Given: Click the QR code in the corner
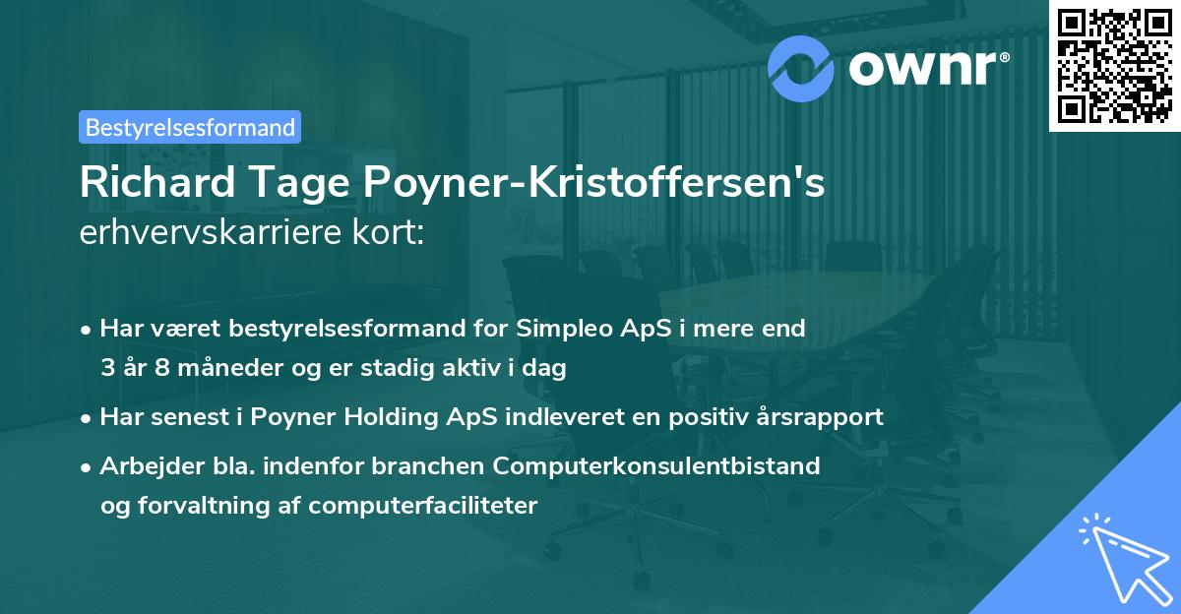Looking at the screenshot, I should coord(1114,65).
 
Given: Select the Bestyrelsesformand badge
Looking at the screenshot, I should coord(189,127).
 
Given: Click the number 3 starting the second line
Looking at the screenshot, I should coord(107,369).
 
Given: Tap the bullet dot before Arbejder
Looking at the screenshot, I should coord(88,466).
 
